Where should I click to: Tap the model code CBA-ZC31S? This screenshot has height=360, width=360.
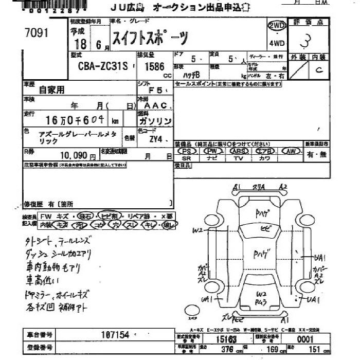[100, 66]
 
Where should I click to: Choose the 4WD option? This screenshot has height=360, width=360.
[276, 43]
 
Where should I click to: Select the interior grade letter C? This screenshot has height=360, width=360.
[319, 70]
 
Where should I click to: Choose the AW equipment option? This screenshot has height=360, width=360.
[292, 151]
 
